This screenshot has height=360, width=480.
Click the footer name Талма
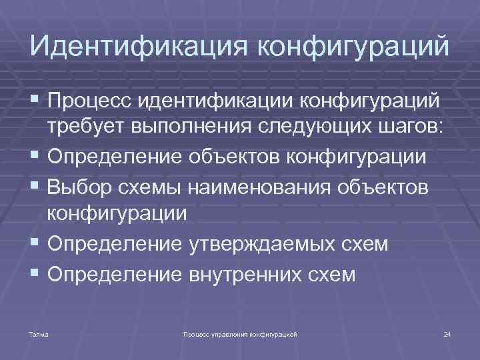coord(39,332)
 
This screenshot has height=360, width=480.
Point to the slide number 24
coord(447,332)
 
